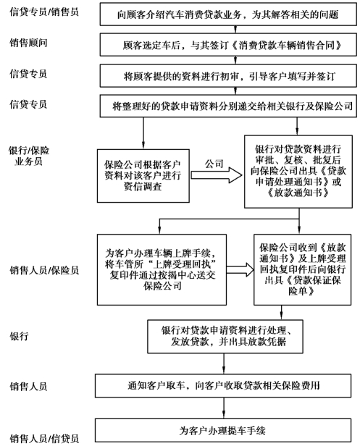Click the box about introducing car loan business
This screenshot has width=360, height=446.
228,14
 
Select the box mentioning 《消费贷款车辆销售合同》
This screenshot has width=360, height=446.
228,45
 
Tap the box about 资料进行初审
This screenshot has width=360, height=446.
228,75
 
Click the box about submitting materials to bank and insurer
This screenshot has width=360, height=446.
228,106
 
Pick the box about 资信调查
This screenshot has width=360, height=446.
143,176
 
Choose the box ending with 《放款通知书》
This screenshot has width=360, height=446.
298,172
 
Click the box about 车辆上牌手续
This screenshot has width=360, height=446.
162,269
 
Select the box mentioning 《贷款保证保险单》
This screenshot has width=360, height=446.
302,269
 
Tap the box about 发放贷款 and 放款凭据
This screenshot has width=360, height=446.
225,337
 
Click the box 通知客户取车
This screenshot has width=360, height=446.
223,386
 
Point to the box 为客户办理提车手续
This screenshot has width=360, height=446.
223,430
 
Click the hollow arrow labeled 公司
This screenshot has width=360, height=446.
217,175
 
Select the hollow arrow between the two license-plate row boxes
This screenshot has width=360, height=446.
240,269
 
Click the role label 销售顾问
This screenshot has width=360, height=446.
28,43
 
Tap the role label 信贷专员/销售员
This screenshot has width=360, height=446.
44,12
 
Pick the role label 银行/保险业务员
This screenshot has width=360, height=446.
29,156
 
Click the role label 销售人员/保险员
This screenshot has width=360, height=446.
44,270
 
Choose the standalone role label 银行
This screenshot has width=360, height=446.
19,336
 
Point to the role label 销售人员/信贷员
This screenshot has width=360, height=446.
44,438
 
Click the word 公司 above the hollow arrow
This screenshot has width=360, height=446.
214,164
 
